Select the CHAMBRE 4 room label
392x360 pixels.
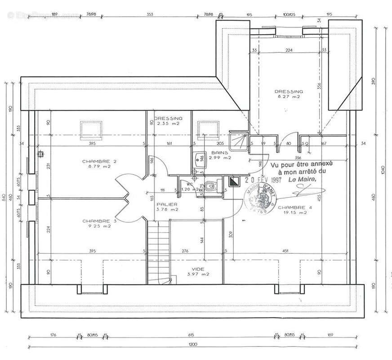click(x=292, y=207)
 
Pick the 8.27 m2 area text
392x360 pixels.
click(x=289, y=97)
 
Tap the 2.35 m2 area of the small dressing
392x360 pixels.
click(x=168, y=123)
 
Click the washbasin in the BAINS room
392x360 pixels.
click(x=198, y=160)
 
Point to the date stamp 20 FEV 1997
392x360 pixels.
click(x=263, y=179)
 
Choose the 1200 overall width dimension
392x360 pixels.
click(x=193, y=345)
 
